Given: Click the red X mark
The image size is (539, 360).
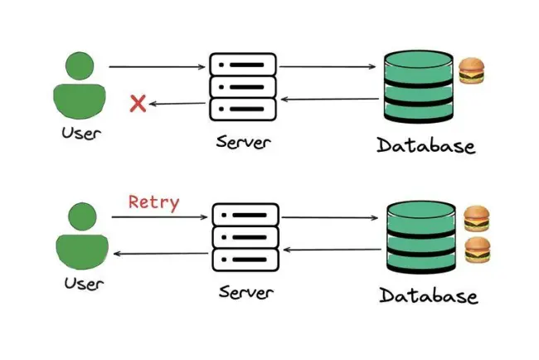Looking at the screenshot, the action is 138,103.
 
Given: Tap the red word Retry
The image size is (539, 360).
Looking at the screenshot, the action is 153,202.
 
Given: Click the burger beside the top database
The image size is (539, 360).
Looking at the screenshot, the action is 472,71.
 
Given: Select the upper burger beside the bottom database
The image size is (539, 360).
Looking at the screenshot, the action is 477,219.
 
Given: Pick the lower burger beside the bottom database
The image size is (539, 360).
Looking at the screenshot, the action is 478,250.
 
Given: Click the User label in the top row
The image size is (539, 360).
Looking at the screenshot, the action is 81,134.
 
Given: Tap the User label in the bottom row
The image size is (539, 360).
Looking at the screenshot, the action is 84,284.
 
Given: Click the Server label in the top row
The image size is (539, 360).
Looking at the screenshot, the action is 243,142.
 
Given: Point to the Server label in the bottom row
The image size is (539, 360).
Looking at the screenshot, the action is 246,293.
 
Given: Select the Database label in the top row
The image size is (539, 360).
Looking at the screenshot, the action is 426,145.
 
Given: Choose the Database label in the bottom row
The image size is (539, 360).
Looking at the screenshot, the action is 429,295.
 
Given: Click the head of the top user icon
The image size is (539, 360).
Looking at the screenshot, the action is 80,66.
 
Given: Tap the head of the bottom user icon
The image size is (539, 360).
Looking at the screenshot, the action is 82,216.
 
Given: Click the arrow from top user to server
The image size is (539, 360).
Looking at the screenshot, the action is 157,66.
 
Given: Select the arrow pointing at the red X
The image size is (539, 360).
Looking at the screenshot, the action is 177,103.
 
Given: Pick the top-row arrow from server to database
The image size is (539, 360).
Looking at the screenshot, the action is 328,66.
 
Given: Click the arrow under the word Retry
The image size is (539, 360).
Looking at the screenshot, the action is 159,217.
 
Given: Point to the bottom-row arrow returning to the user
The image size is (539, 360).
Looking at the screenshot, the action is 161,254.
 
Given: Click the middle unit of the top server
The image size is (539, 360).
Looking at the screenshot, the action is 243,87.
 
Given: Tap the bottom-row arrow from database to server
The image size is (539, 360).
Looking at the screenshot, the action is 332,250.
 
